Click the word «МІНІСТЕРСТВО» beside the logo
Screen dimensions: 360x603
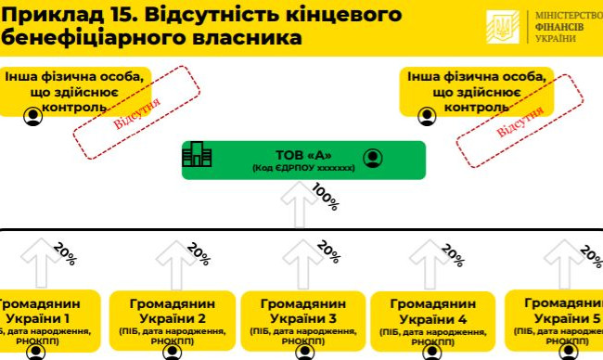pyautogui.click(x=568, y=17)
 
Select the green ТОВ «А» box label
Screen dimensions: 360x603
pyautogui.click(x=303, y=155)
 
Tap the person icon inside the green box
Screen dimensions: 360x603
pyautogui.click(x=373, y=157)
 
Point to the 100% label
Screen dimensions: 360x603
pyautogui.click(x=325, y=197)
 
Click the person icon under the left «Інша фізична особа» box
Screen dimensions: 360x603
pyautogui.click(x=33, y=117)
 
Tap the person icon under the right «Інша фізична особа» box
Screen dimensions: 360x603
pyautogui.click(x=426, y=117)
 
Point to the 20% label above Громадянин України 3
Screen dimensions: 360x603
pyautogui.click(x=328, y=252)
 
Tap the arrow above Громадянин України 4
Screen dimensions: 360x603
pyautogui.click(x=429, y=264)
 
